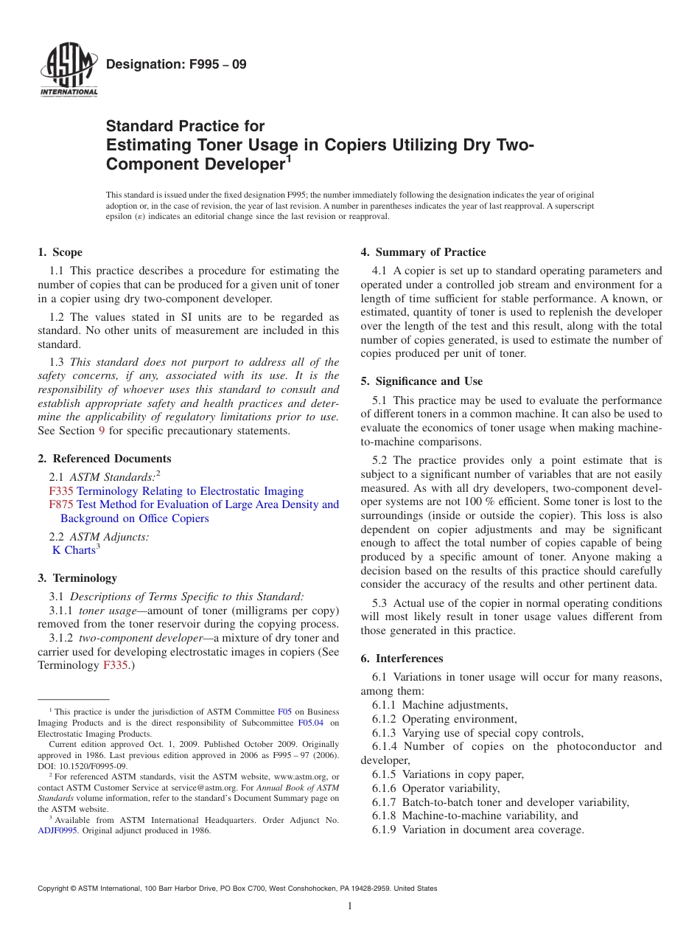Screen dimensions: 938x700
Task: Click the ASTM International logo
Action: [x=69, y=71]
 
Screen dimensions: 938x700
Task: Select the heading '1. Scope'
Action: [x=60, y=252]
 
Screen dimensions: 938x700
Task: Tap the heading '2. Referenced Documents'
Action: [x=105, y=459]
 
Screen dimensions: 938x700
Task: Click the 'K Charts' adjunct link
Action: [x=74, y=550]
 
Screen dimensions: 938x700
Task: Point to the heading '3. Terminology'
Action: [x=77, y=578]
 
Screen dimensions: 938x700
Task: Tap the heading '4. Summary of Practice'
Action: [x=423, y=252]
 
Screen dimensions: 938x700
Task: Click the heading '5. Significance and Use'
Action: [x=421, y=381]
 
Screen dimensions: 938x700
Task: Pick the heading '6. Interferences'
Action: [x=402, y=659]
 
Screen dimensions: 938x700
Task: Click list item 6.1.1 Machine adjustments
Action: [x=440, y=705]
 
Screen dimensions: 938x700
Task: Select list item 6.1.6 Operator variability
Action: [x=435, y=788]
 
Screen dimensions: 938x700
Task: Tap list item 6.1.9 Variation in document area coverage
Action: [x=477, y=830]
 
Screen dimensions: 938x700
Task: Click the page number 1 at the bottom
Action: [x=350, y=906]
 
